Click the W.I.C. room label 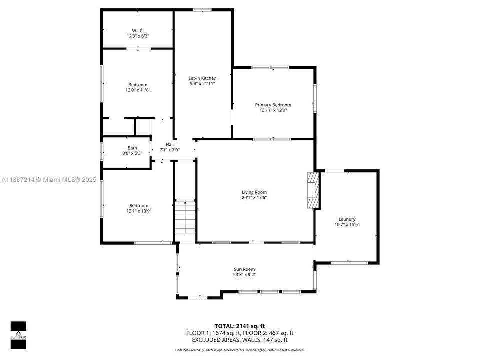pyautogui.click(x=138, y=30)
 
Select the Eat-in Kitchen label pyautogui.click(x=202, y=78)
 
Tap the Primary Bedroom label pyautogui.click(x=273, y=105)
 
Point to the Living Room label pyautogui.click(x=254, y=192)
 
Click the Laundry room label pyautogui.click(x=347, y=219)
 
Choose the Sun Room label pyautogui.click(x=244, y=269)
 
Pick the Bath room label pyautogui.click(x=132, y=148)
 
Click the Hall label pyautogui.click(x=170, y=144)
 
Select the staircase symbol pyautogui.click(x=184, y=218)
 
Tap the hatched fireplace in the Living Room pyautogui.click(x=313, y=190)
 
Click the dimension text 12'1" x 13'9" pyautogui.click(x=138, y=211)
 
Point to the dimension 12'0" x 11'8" pyautogui.click(x=138, y=90)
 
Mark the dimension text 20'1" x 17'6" pyautogui.click(x=254, y=198)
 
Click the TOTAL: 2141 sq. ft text pyautogui.click(x=240, y=326)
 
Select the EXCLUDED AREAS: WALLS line pyautogui.click(x=240, y=340)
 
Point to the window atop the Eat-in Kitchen pyautogui.click(x=202, y=10)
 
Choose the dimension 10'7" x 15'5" pyautogui.click(x=347, y=225)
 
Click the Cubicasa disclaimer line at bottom pyautogui.click(x=240, y=350)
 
